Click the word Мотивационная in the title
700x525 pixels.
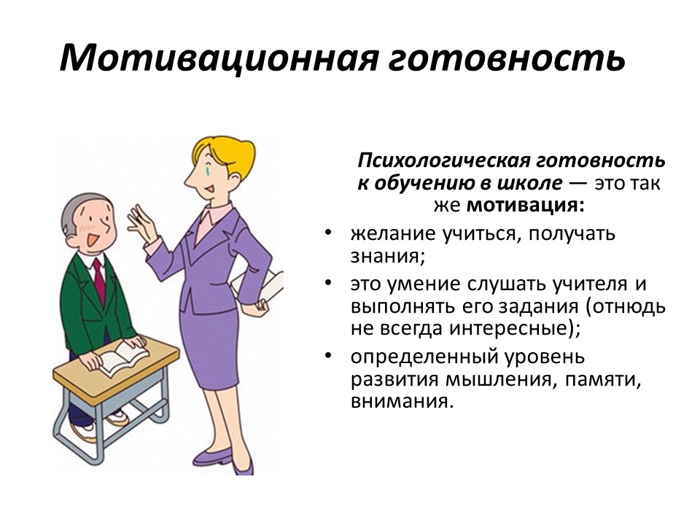pyautogui.click(x=219, y=58)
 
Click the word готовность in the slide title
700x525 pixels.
pyautogui.click(x=507, y=59)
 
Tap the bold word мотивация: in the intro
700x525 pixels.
pyautogui.click(x=525, y=206)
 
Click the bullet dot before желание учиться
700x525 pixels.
pyautogui.click(x=329, y=233)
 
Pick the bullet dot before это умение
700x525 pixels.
pyautogui.click(x=329, y=283)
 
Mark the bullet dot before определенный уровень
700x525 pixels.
pyautogui.click(x=329, y=356)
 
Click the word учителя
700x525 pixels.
pyautogui.click(x=589, y=284)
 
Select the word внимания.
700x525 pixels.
pyautogui.click(x=402, y=401)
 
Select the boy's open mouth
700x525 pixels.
pyautogui.click(x=93, y=241)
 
